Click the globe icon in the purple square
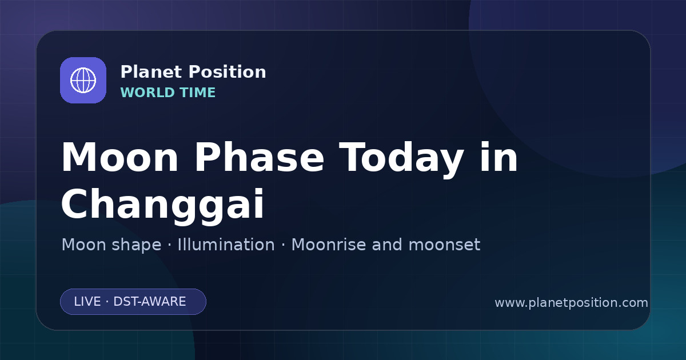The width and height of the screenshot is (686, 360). click(x=83, y=80)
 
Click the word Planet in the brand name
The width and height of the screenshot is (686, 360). click(x=151, y=72)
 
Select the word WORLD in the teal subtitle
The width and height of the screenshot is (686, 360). click(x=147, y=93)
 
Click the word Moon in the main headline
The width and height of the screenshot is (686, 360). click(x=119, y=157)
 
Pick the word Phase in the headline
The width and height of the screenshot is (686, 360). click(x=259, y=157)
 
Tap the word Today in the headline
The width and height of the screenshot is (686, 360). click(x=401, y=160)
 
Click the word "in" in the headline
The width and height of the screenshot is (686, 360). click(x=499, y=157)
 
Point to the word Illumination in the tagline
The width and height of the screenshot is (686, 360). click(x=226, y=245)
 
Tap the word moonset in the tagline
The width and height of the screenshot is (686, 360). click(x=444, y=245)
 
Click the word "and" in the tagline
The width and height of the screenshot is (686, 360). click(x=387, y=245)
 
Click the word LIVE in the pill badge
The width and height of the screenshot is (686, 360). click(x=87, y=302)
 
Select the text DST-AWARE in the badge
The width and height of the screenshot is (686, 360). click(x=149, y=302)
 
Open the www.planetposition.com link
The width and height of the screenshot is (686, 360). click(x=572, y=303)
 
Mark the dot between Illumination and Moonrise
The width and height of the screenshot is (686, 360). click(x=284, y=245)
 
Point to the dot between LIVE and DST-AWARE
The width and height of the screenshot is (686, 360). click(x=107, y=302)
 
